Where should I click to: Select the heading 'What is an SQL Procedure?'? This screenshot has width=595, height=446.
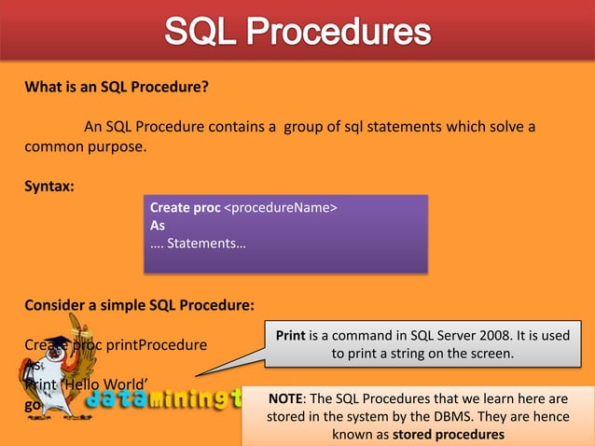point(117,88)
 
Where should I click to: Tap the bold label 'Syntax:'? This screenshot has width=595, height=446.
point(49,186)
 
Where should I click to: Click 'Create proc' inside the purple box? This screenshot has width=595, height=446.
point(185,208)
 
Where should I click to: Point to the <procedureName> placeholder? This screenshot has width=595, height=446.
point(281,208)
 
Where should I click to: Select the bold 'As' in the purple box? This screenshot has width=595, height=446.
point(158,225)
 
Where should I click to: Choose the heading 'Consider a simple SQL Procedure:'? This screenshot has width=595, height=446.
point(139,304)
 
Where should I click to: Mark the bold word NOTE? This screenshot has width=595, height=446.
point(284,398)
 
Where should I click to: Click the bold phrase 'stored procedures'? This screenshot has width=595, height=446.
point(449,434)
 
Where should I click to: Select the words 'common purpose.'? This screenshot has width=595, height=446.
point(86,146)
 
